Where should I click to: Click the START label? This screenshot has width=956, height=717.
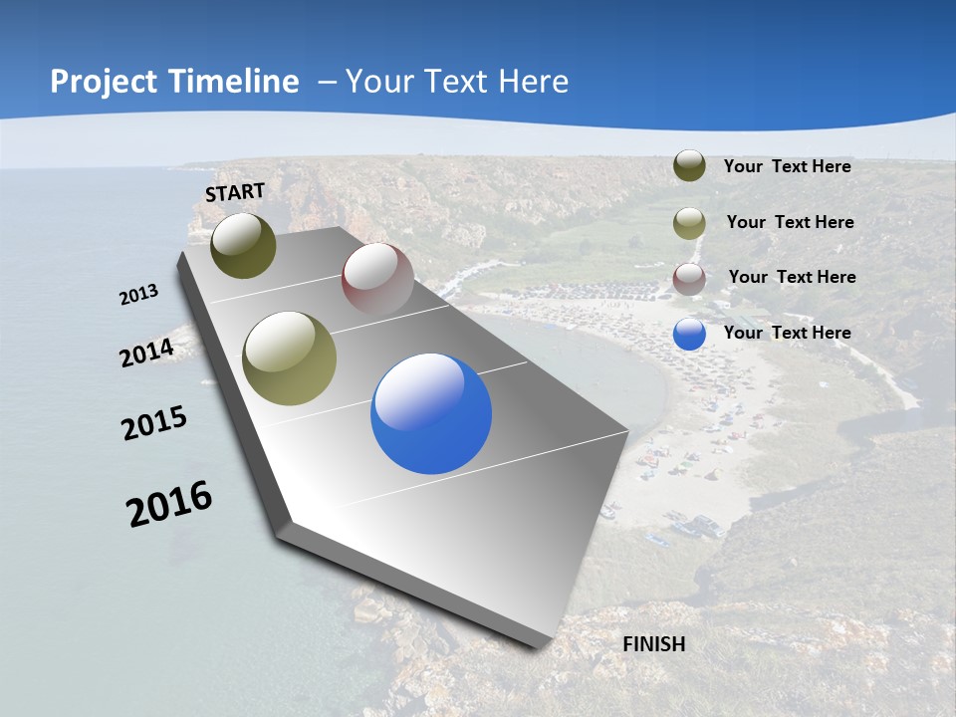point(235,192)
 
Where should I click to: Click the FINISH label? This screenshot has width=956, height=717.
point(654,644)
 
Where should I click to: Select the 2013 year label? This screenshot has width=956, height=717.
point(139,295)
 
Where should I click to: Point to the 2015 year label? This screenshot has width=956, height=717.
point(154,423)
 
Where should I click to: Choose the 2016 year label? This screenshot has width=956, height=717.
point(169,503)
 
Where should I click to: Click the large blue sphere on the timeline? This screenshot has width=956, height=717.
point(431,413)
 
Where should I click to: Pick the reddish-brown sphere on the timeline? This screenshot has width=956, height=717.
point(377,279)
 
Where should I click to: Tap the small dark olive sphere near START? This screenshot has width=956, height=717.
point(244,245)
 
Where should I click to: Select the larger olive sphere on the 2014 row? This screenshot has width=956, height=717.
point(290,358)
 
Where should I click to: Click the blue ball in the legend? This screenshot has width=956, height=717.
point(689,334)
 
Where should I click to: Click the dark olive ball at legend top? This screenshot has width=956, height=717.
point(689,166)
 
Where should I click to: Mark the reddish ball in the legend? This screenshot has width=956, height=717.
point(689,279)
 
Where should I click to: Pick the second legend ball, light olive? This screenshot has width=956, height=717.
point(689,223)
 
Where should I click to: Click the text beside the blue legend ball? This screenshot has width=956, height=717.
point(787,333)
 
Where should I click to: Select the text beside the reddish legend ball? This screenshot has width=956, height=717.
point(792,277)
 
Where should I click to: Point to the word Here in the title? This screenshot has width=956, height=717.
point(533,82)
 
